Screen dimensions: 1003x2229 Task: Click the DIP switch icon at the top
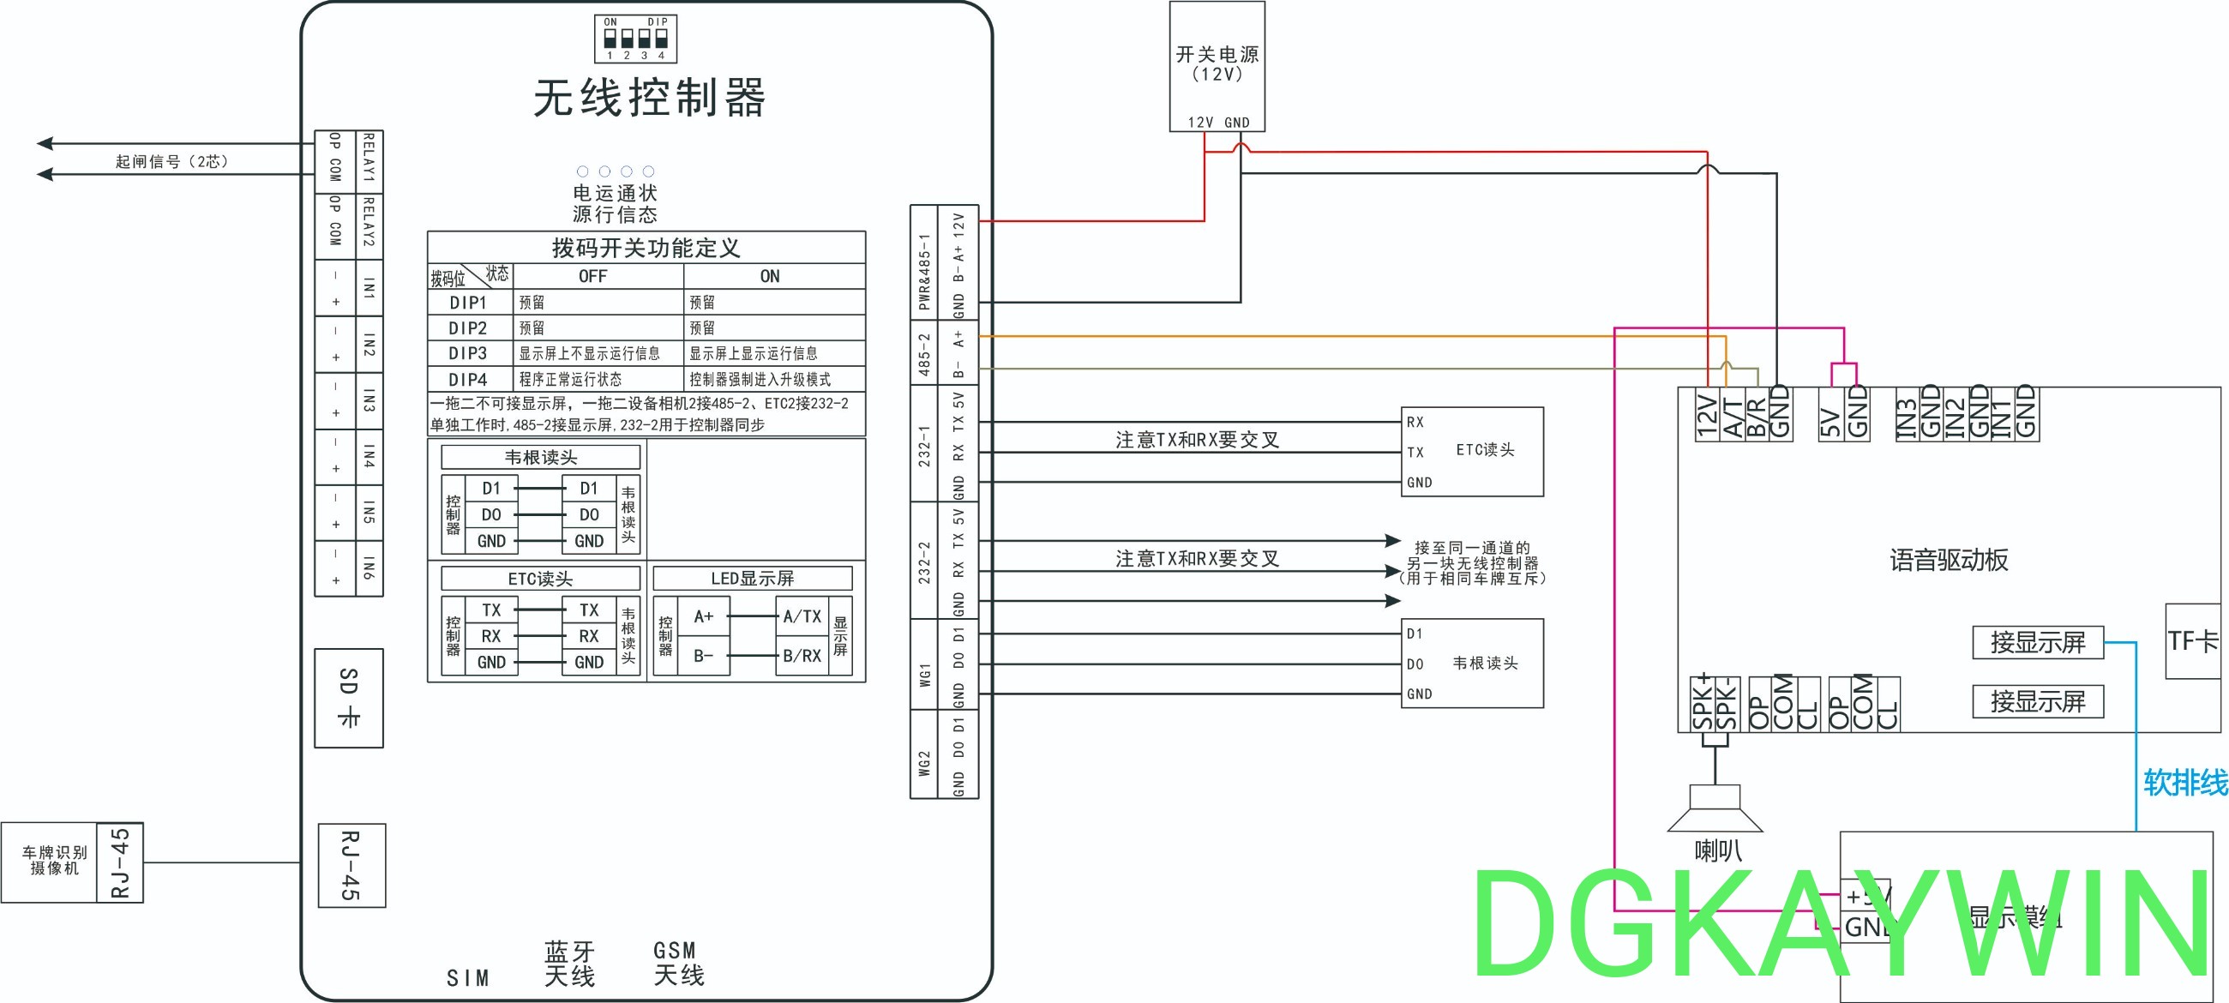(635, 39)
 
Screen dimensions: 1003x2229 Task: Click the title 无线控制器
(649, 97)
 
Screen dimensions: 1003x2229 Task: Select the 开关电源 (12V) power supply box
(1217, 66)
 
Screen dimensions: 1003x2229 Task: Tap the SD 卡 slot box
(349, 698)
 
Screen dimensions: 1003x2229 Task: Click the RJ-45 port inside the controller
(351, 864)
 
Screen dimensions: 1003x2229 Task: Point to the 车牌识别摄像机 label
(54, 861)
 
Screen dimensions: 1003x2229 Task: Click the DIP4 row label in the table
(468, 379)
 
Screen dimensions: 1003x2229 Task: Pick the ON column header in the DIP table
(769, 276)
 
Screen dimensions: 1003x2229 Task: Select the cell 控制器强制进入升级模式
(760, 379)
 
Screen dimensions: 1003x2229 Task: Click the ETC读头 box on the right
(1472, 451)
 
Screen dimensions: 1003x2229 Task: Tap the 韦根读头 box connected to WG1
(1472, 663)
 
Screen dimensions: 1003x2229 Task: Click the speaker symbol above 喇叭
(1715, 809)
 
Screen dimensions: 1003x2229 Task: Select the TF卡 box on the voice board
(2192, 641)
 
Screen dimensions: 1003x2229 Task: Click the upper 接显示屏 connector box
(2037, 642)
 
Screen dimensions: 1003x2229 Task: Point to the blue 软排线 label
(2184, 783)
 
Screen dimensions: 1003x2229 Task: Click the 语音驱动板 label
(1948, 560)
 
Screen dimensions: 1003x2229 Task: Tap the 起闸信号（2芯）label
(171, 162)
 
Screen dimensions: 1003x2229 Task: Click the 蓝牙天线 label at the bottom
(569, 964)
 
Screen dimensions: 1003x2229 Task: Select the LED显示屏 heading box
(752, 578)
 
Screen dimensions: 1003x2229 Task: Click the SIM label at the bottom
(468, 978)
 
